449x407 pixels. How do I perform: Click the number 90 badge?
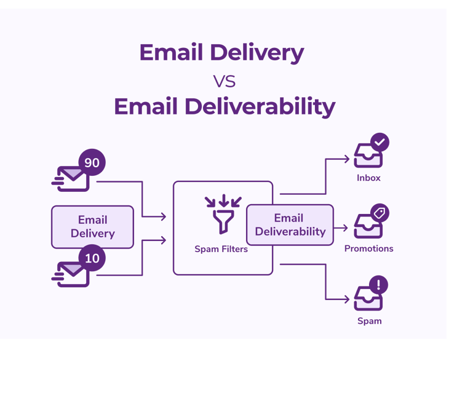tap(92, 163)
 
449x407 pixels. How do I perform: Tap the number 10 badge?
tap(92, 258)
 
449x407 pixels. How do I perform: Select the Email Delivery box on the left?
tap(92, 226)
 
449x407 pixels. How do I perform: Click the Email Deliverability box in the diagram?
tap(290, 225)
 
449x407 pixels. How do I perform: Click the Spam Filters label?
tap(221, 249)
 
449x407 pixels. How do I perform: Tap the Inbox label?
tap(368, 178)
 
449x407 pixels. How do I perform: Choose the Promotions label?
tap(368, 248)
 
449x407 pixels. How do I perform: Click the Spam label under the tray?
tap(369, 321)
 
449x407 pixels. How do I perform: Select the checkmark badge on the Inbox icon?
tap(380, 142)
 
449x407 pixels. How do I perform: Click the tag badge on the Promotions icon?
tap(379, 213)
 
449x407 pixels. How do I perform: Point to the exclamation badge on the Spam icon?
tap(378, 285)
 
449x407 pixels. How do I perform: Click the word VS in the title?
tap(224, 81)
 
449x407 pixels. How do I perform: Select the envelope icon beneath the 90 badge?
tap(71, 179)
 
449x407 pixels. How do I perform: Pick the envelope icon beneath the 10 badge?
tap(71, 274)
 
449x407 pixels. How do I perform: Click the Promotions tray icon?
tap(368, 227)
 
